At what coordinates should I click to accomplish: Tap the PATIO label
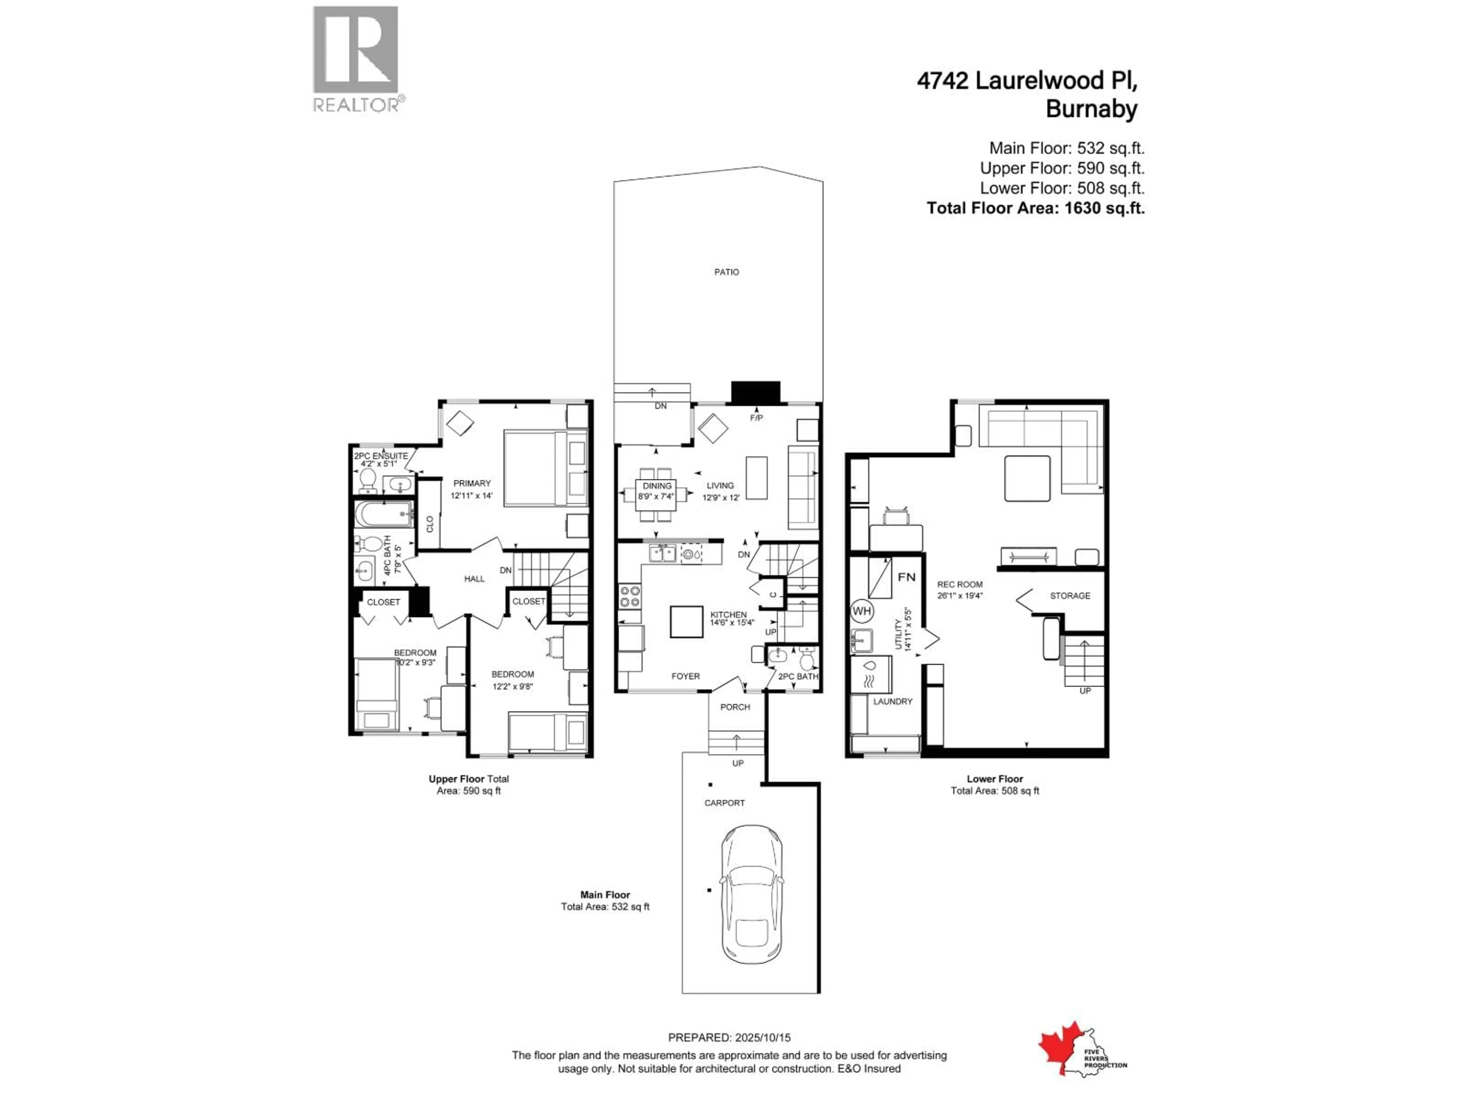(x=726, y=272)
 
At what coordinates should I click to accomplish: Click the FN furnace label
(x=906, y=577)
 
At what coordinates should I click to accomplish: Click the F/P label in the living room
(x=756, y=418)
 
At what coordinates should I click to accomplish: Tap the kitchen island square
(x=686, y=622)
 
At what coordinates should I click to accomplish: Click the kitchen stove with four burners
(x=629, y=596)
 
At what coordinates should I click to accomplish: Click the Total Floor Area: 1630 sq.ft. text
(x=1035, y=208)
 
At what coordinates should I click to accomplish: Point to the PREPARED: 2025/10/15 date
(x=729, y=1038)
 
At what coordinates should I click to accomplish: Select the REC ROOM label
(x=960, y=585)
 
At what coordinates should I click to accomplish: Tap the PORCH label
(x=735, y=707)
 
